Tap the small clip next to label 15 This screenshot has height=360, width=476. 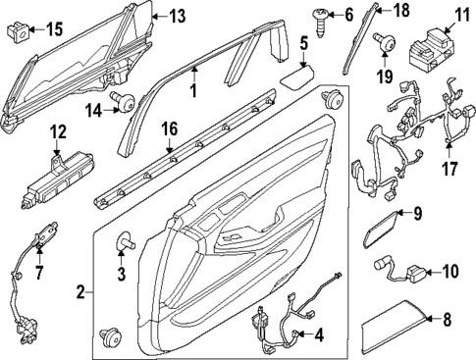[x=15, y=29]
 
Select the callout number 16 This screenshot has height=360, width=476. [x=169, y=128]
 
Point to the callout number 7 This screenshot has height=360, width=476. [x=39, y=270]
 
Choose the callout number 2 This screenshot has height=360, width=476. [x=81, y=292]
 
